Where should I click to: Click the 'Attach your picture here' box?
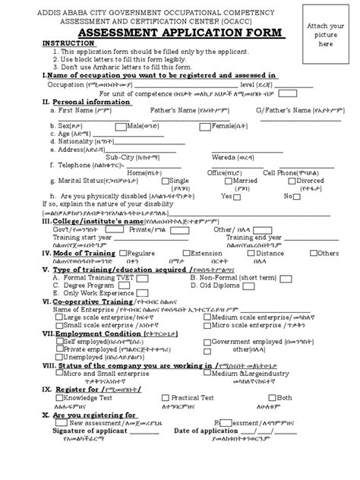[x=322, y=34]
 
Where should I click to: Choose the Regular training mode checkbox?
[x=126, y=253]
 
